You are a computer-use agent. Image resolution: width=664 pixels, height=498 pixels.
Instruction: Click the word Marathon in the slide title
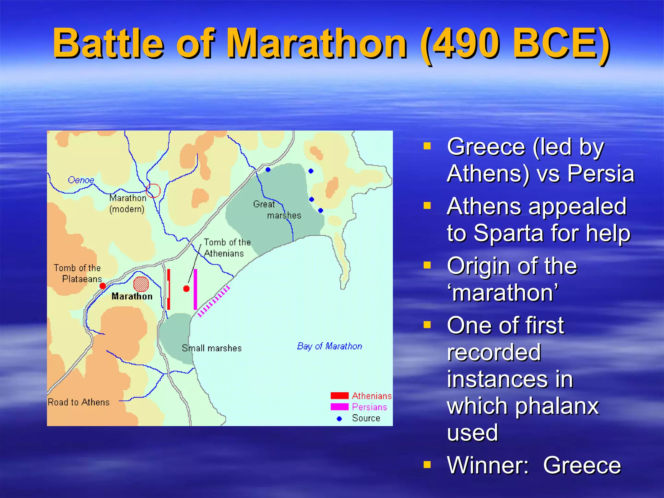tap(316, 43)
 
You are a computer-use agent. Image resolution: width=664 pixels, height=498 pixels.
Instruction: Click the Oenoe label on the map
tap(81, 180)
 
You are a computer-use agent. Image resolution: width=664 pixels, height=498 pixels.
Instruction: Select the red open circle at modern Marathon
tap(153, 191)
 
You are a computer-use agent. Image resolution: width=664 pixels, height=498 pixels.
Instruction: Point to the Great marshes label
tap(277, 210)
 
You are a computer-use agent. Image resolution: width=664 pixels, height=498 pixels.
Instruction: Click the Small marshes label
tap(212, 348)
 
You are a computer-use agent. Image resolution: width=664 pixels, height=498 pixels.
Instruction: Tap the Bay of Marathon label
tap(329, 346)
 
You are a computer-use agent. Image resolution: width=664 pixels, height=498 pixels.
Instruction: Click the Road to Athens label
tap(79, 402)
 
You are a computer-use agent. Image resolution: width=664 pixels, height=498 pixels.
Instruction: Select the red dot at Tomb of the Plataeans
tap(103, 286)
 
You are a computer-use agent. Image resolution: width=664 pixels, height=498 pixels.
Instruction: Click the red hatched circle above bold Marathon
tap(141, 284)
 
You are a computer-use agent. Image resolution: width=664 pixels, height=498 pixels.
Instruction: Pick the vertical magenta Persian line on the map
tap(195, 289)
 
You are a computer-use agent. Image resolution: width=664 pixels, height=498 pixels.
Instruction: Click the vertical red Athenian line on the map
tap(169, 289)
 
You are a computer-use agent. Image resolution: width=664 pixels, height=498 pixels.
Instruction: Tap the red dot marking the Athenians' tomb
tap(186, 289)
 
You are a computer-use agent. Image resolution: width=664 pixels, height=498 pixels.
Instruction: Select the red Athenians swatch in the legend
tap(339, 396)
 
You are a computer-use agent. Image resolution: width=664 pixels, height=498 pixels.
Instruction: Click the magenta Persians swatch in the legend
tap(339, 407)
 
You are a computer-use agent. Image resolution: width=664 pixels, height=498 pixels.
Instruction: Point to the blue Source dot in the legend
tap(339, 419)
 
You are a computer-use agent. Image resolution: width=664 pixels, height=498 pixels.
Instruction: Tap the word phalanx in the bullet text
tap(556, 406)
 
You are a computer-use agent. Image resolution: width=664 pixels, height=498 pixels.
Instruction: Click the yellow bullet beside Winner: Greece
tap(427, 465)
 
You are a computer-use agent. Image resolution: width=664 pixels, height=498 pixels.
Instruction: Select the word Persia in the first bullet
tap(600, 173)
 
